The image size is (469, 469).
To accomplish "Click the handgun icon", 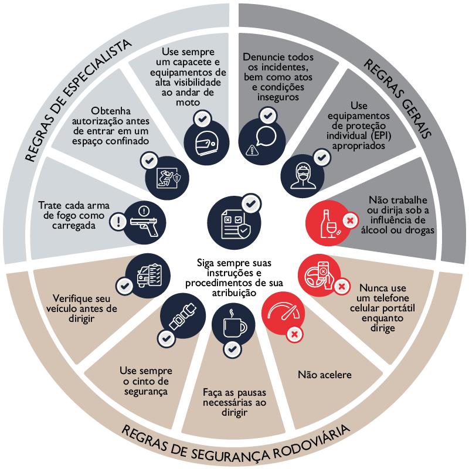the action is point(144,223).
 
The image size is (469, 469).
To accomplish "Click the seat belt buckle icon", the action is point(183,317).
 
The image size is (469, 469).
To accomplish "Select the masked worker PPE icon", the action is point(303,176).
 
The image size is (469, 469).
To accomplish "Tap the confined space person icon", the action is point(167,178).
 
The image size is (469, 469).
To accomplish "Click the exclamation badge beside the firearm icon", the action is point(119,222).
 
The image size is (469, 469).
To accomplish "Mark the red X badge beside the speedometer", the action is point(295,334).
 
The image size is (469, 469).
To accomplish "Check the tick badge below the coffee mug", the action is point(232,349).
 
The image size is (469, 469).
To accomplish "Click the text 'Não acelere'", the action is point(325,375).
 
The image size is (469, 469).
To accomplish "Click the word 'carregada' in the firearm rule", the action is point(74,226).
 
